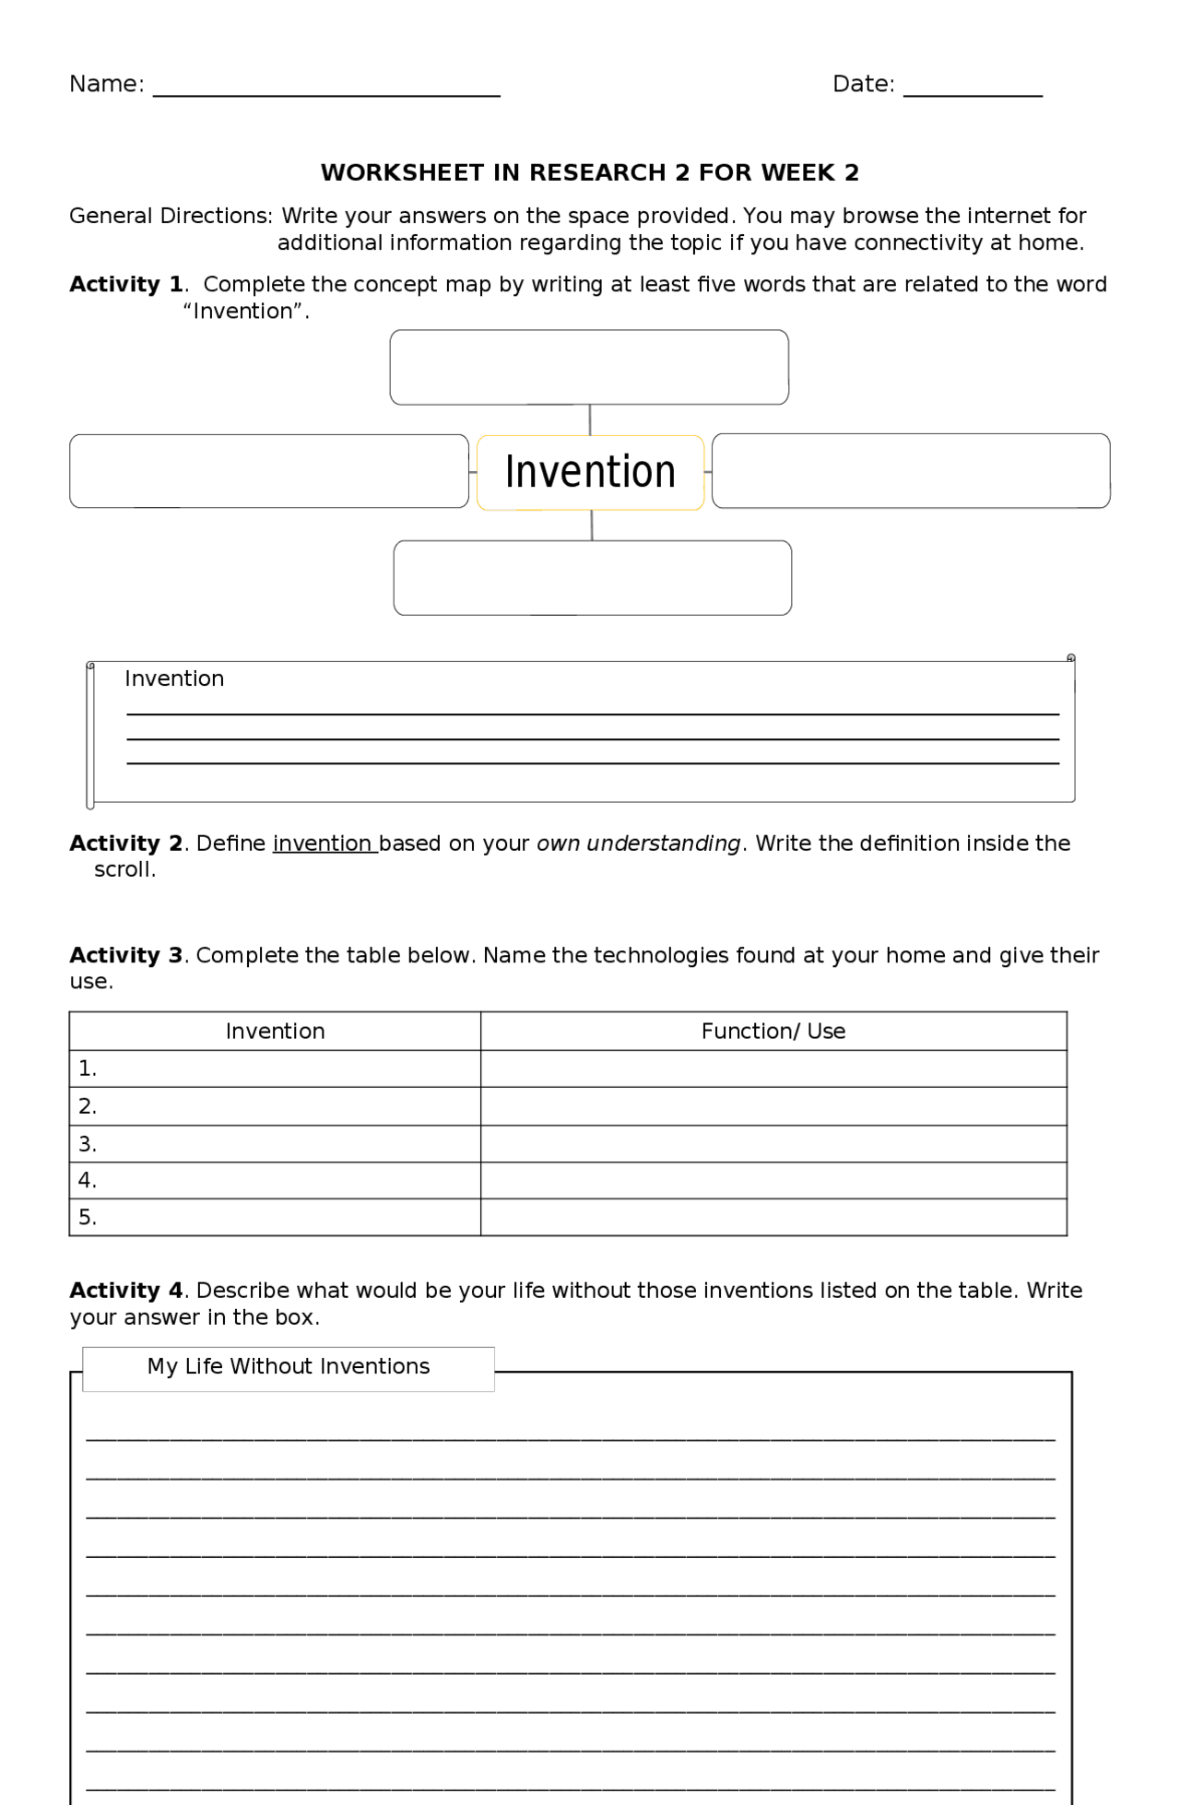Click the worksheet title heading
[590, 172]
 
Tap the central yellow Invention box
[590, 472]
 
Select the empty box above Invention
[589, 367]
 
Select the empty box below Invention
[592, 578]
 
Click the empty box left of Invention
[269, 471]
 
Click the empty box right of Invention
[911, 471]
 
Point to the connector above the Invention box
[590, 419]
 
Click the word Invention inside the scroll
[174, 678]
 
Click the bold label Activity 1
[126, 284]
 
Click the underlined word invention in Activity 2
[324, 844]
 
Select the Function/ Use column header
[773, 1031]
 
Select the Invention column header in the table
[275, 1031]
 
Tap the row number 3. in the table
[88, 1144]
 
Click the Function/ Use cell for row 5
[773, 1218]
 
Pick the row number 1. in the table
[88, 1068]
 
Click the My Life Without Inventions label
[289, 1366]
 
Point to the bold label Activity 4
[126, 1291]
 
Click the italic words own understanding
[638, 844]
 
